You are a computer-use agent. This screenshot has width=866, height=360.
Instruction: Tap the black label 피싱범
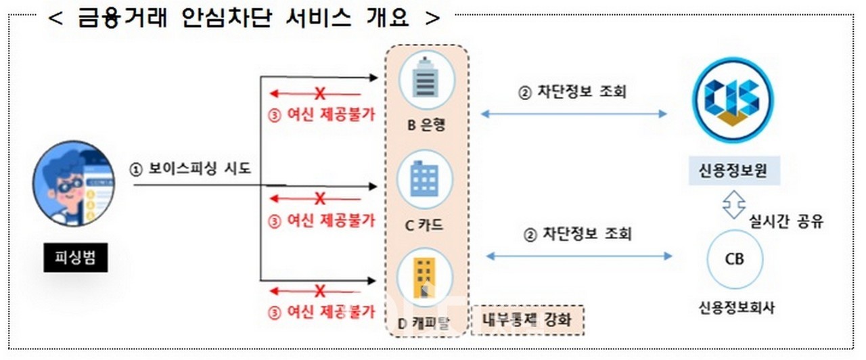(x=75, y=257)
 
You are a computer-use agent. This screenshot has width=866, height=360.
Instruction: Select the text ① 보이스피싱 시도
(x=190, y=169)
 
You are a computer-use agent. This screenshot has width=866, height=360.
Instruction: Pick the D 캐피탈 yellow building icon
(x=425, y=277)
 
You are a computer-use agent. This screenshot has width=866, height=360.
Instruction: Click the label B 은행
(x=426, y=125)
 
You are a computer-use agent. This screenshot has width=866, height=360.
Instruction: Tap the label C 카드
(x=424, y=225)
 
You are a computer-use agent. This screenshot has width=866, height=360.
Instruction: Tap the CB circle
(x=735, y=259)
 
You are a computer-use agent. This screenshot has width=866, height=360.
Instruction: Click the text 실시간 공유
(x=786, y=221)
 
